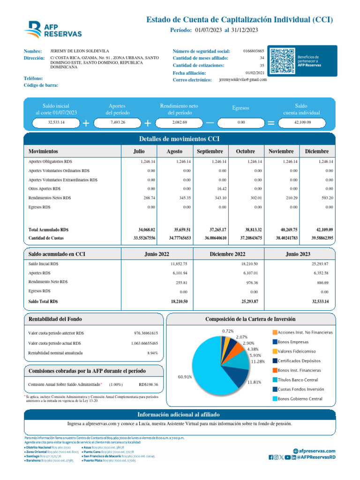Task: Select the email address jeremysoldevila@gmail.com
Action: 243,80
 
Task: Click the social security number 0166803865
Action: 254,51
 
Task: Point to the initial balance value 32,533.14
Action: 56,122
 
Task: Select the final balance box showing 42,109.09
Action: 302,122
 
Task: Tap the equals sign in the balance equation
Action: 270,122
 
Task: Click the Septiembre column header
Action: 210,151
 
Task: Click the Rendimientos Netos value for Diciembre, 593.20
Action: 326,198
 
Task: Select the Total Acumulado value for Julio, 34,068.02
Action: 146,230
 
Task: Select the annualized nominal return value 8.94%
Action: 152,352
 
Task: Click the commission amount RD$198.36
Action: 149,384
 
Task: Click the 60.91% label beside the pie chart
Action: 185,376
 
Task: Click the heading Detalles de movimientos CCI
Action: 180,139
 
